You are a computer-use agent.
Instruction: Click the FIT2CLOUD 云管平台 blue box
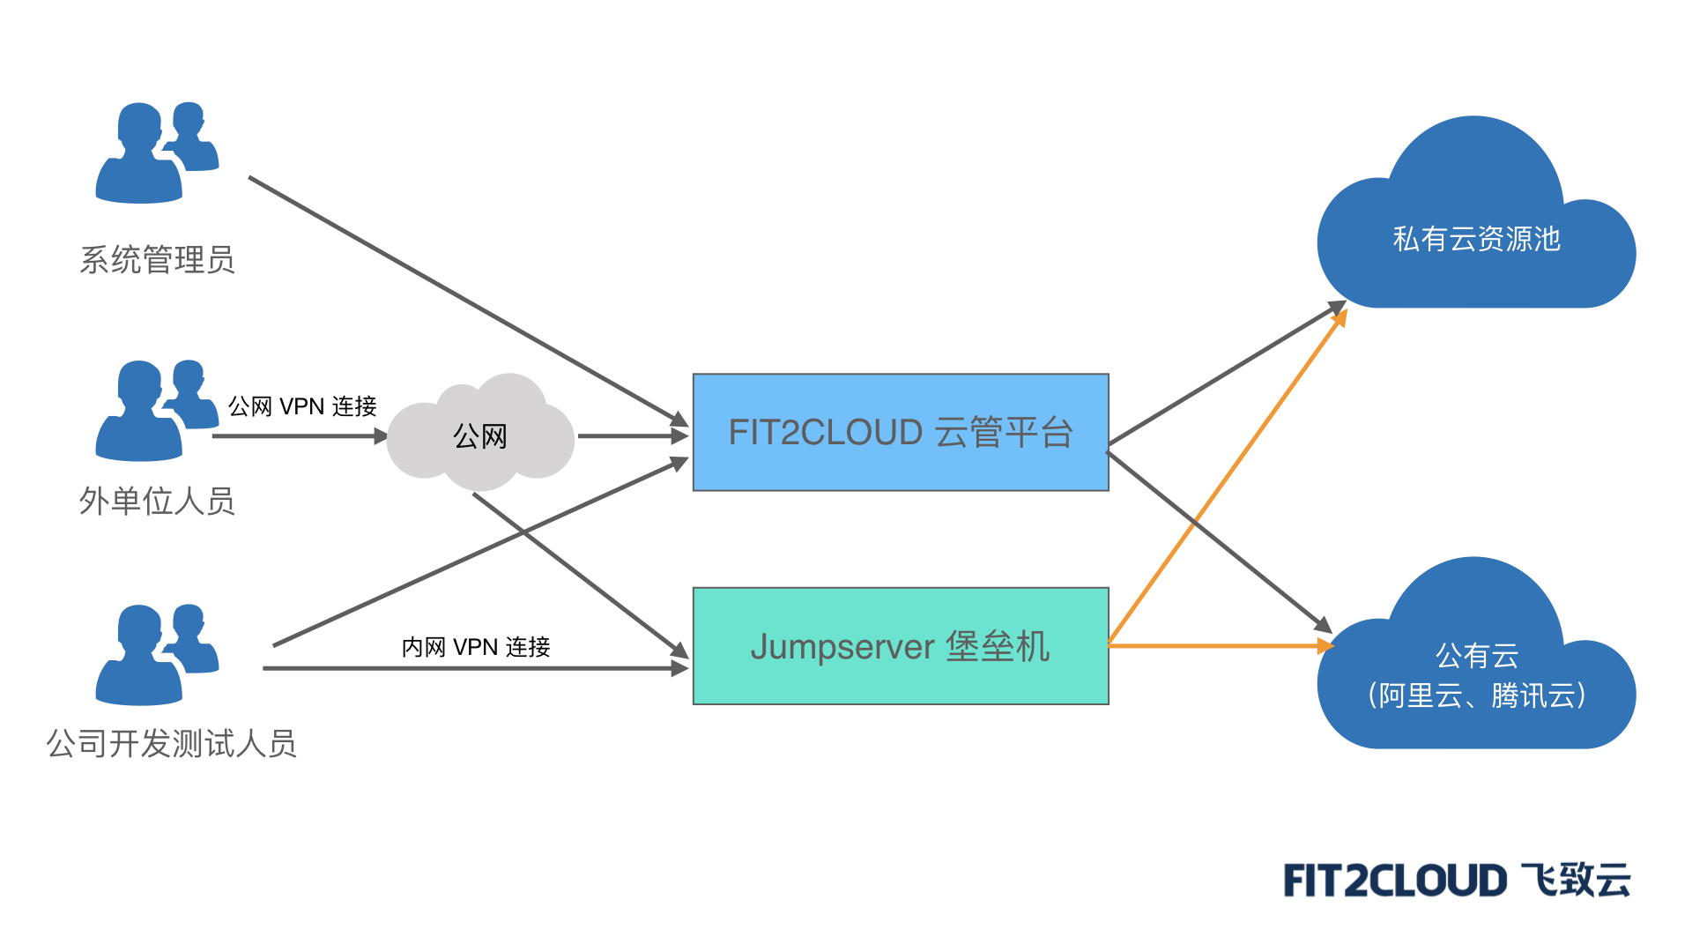pyautogui.click(x=901, y=432)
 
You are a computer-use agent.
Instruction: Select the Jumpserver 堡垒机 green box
pyautogui.click(x=901, y=646)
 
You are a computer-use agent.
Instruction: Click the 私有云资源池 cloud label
pyautogui.click(x=1476, y=239)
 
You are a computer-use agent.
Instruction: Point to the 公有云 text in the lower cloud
pyautogui.click(x=1477, y=655)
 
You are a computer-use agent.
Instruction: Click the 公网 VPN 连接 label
pyautogui.click(x=302, y=406)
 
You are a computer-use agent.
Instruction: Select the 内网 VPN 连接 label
pyautogui.click(x=476, y=647)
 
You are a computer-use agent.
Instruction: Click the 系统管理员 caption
pyautogui.click(x=157, y=260)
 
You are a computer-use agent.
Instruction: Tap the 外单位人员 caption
pyautogui.click(x=157, y=501)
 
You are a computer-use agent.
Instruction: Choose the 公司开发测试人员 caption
pyautogui.click(x=171, y=743)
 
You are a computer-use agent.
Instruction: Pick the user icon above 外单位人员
pyautogui.click(x=155, y=411)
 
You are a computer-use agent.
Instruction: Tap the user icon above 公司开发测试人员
pyautogui.click(x=155, y=655)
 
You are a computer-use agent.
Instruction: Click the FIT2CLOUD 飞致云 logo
pyautogui.click(x=1457, y=881)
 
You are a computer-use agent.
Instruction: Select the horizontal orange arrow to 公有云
pyautogui.click(x=1216, y=646)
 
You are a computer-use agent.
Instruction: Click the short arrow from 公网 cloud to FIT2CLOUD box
pyautogui.click(x=631, y=435)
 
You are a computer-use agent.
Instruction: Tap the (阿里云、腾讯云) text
pyautogui.click(x=1477, y=695)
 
